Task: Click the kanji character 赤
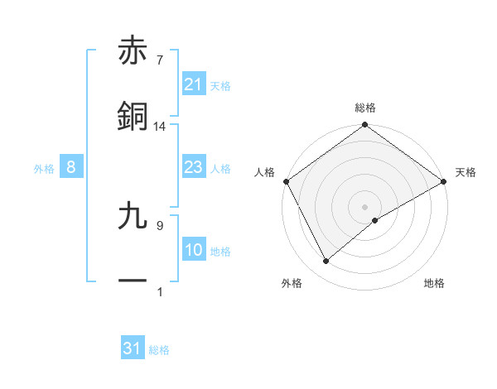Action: tap(133, 53)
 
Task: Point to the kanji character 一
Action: tap(133, 281)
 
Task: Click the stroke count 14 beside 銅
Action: tap(160, 126)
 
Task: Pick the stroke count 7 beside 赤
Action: tap(159, 60)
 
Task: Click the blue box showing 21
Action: tap(193, 84)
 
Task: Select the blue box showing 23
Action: tap(193, 167)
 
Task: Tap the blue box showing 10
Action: tap(193, 250)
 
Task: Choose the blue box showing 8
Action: tap(71, 167)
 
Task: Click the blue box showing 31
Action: tap(133, 348)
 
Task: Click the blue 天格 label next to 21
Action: tap(220, 85)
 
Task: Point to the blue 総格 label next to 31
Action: tap(159, 350)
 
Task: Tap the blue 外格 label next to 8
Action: tap(44, 168)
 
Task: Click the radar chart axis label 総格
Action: tap(365, 108)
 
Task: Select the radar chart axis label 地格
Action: tap(434, 283)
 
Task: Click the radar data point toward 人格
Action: tap(286, 180)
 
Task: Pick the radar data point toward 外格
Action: tap(326, 261)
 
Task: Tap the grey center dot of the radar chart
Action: tap(365, 206)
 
